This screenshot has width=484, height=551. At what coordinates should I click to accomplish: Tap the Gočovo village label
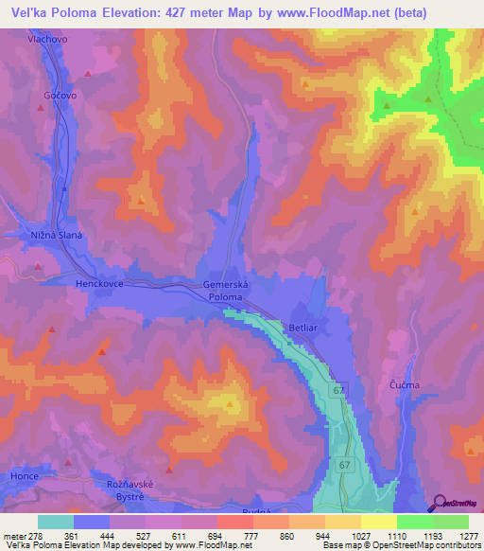pos(59,97)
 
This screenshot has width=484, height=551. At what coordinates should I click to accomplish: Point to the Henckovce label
pos(100,283)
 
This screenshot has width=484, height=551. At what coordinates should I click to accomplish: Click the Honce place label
pos(25,475)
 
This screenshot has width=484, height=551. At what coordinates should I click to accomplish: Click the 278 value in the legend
pos(37,537)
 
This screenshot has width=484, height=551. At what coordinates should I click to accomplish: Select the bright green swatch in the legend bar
pos(414,522)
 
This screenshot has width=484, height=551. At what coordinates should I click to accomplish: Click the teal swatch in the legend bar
pos(55,522)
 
